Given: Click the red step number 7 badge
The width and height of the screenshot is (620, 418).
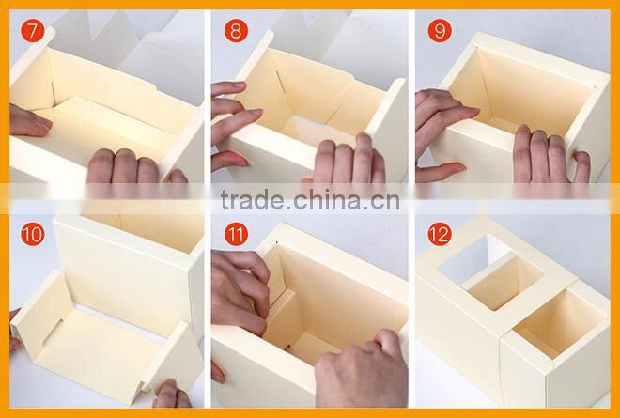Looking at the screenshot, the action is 33,30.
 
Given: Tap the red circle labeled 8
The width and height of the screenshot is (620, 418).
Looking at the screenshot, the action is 236,30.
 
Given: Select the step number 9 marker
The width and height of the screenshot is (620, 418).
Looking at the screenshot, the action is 440,30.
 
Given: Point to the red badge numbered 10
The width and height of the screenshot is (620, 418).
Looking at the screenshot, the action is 33,234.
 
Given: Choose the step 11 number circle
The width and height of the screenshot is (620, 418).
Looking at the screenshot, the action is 236,234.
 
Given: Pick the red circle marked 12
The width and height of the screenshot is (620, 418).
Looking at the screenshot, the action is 440,234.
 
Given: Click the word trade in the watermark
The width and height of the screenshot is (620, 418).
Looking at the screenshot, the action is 253,199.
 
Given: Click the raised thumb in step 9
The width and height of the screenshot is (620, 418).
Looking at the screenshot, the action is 581,167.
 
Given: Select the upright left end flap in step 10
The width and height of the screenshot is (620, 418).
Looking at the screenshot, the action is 42,313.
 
